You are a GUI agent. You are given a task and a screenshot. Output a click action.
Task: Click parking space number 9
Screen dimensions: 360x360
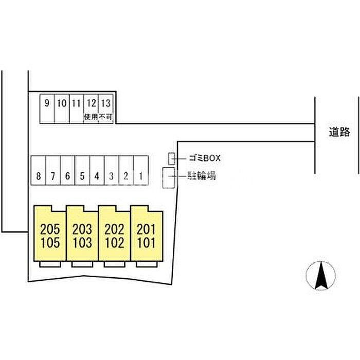tap(47, 108)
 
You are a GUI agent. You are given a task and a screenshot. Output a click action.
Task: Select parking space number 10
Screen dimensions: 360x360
tap(62, 108)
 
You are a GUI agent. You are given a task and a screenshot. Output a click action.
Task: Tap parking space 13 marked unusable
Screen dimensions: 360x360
tap(105, 108)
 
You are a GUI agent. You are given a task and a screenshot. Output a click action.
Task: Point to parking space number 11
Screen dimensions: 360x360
tap(76, 108)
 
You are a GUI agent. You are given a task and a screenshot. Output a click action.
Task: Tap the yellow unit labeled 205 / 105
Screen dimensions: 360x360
tap(49, 235)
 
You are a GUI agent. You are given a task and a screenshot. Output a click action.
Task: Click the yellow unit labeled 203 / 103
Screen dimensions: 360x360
tap(82, 235)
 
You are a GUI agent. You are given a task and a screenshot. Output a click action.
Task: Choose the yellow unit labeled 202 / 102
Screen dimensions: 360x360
tap(114, 235)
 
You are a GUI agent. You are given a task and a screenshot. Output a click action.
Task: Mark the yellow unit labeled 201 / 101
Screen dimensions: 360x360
tap(147, 235)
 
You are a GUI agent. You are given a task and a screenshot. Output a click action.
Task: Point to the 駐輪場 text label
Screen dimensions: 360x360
tap(201, 176)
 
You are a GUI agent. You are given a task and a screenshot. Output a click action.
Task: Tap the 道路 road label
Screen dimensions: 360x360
tap(340, 132)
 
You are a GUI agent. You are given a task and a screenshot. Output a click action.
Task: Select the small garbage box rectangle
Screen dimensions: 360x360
tap(172, 158)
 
